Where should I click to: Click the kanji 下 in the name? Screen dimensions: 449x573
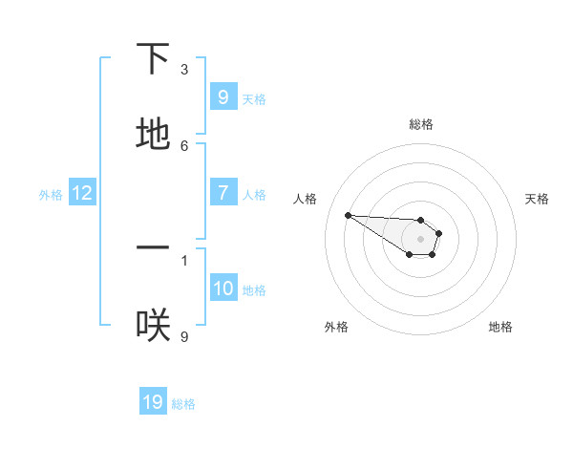153,59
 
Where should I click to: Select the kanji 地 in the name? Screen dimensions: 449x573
153,135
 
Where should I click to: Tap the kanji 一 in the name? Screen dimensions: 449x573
153,247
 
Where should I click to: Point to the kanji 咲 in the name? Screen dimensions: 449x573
153,325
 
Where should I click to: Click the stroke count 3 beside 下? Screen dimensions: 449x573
184,69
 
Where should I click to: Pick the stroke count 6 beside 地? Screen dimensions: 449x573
184,145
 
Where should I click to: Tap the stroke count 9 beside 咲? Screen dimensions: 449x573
184,335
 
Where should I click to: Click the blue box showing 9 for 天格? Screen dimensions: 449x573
223,97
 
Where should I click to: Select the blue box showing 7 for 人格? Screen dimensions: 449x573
223,193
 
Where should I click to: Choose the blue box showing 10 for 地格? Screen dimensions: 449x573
223,289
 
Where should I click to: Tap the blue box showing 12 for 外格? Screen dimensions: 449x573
82,194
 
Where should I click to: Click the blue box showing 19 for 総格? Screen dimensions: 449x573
153,402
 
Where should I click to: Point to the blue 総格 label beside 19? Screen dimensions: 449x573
183,404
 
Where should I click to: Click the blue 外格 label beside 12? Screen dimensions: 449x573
51,195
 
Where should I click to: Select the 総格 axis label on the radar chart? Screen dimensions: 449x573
421,124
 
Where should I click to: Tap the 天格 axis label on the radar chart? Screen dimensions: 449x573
537,199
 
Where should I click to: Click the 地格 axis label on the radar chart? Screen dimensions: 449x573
500,327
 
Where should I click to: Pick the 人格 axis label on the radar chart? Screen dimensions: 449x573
305,199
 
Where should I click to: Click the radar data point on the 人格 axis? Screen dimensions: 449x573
348,215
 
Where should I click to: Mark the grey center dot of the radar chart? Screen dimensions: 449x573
420,238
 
